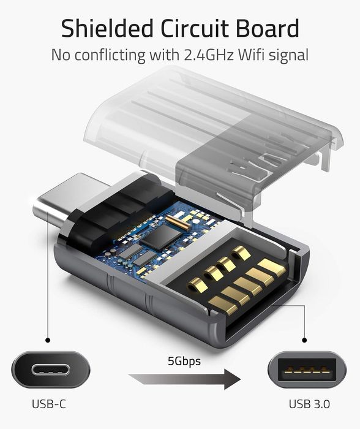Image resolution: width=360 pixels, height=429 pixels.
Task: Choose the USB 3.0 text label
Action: click(x=309, y=404)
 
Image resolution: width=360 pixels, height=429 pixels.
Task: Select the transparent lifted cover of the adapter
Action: click(x=214, y=129)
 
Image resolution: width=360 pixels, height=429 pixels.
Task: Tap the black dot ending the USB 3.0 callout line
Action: click(x=304, y=339)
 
